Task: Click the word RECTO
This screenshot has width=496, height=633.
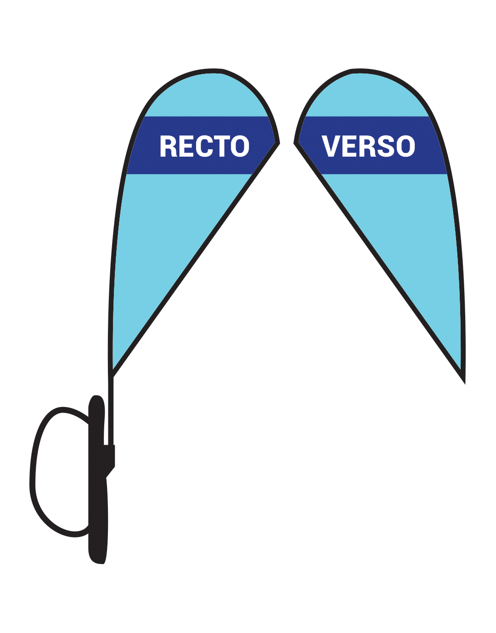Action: coord(204,146)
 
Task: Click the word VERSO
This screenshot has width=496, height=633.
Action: coord(368,146)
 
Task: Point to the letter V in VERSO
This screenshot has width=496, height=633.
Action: coord(331,146)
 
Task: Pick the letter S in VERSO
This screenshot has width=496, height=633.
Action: coord(387,146)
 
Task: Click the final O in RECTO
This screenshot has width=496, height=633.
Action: coord(240,146)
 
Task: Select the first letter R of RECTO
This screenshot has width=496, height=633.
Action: coord(169,146)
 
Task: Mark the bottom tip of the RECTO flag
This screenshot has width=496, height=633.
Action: coord(111,376)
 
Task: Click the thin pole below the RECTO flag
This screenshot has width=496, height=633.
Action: coord(111,411)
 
